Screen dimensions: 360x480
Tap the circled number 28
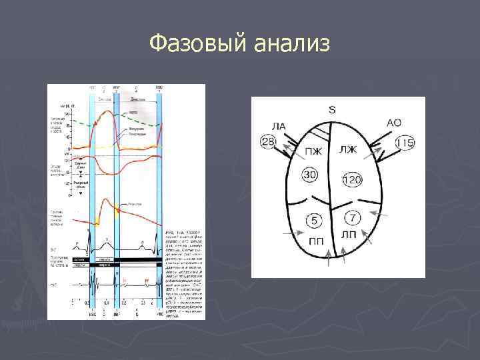(268, 141)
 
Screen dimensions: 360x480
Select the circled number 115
(405, 143)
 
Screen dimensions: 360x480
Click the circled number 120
(352, 179)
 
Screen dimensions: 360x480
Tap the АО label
(394, 123)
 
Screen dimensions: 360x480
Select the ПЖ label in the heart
(313, 151)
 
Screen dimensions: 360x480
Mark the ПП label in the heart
(316, 239)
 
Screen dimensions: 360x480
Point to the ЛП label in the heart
(348, 235)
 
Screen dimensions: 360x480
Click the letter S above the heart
(332, 109)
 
